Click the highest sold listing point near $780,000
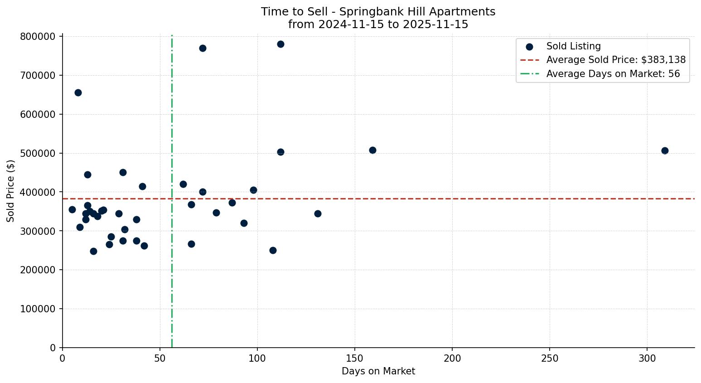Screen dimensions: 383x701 pyautogui.click(x=280, y=44)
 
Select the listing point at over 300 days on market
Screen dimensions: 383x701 pyautogui.click(x=665, y=150)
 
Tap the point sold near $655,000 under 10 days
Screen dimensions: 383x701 pyautogui.click(x=78, y=92)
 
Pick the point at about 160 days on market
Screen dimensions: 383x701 pyautogui.click(x=372, y=150)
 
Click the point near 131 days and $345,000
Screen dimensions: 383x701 pyautogui.click(x=318, y=213)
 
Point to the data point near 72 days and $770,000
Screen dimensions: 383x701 pyautogui.click(x=203, y=48)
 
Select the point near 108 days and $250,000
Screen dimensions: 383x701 pyautogui.click(x=273, y=250)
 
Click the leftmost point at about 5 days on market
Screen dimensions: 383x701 pyautogui.click(x=72, y=209)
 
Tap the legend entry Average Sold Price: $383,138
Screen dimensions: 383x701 pyautogui.click(x=616, y=60)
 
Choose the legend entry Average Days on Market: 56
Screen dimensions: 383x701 pyautogui.click(x=613, y=74)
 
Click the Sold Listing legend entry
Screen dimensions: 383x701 pyautogui.click(x=573, y=46)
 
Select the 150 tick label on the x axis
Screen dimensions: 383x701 pyautogui.click(x=355, y=358)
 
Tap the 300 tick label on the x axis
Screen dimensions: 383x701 pyautogui.click(x=647, y=358)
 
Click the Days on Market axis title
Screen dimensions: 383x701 pyautogui.click(x=378, y=371)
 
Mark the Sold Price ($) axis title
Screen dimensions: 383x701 pyautogui.click(x=11, y=191)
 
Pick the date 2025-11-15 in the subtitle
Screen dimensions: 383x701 pyautogui.click(x=439, y=24)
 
